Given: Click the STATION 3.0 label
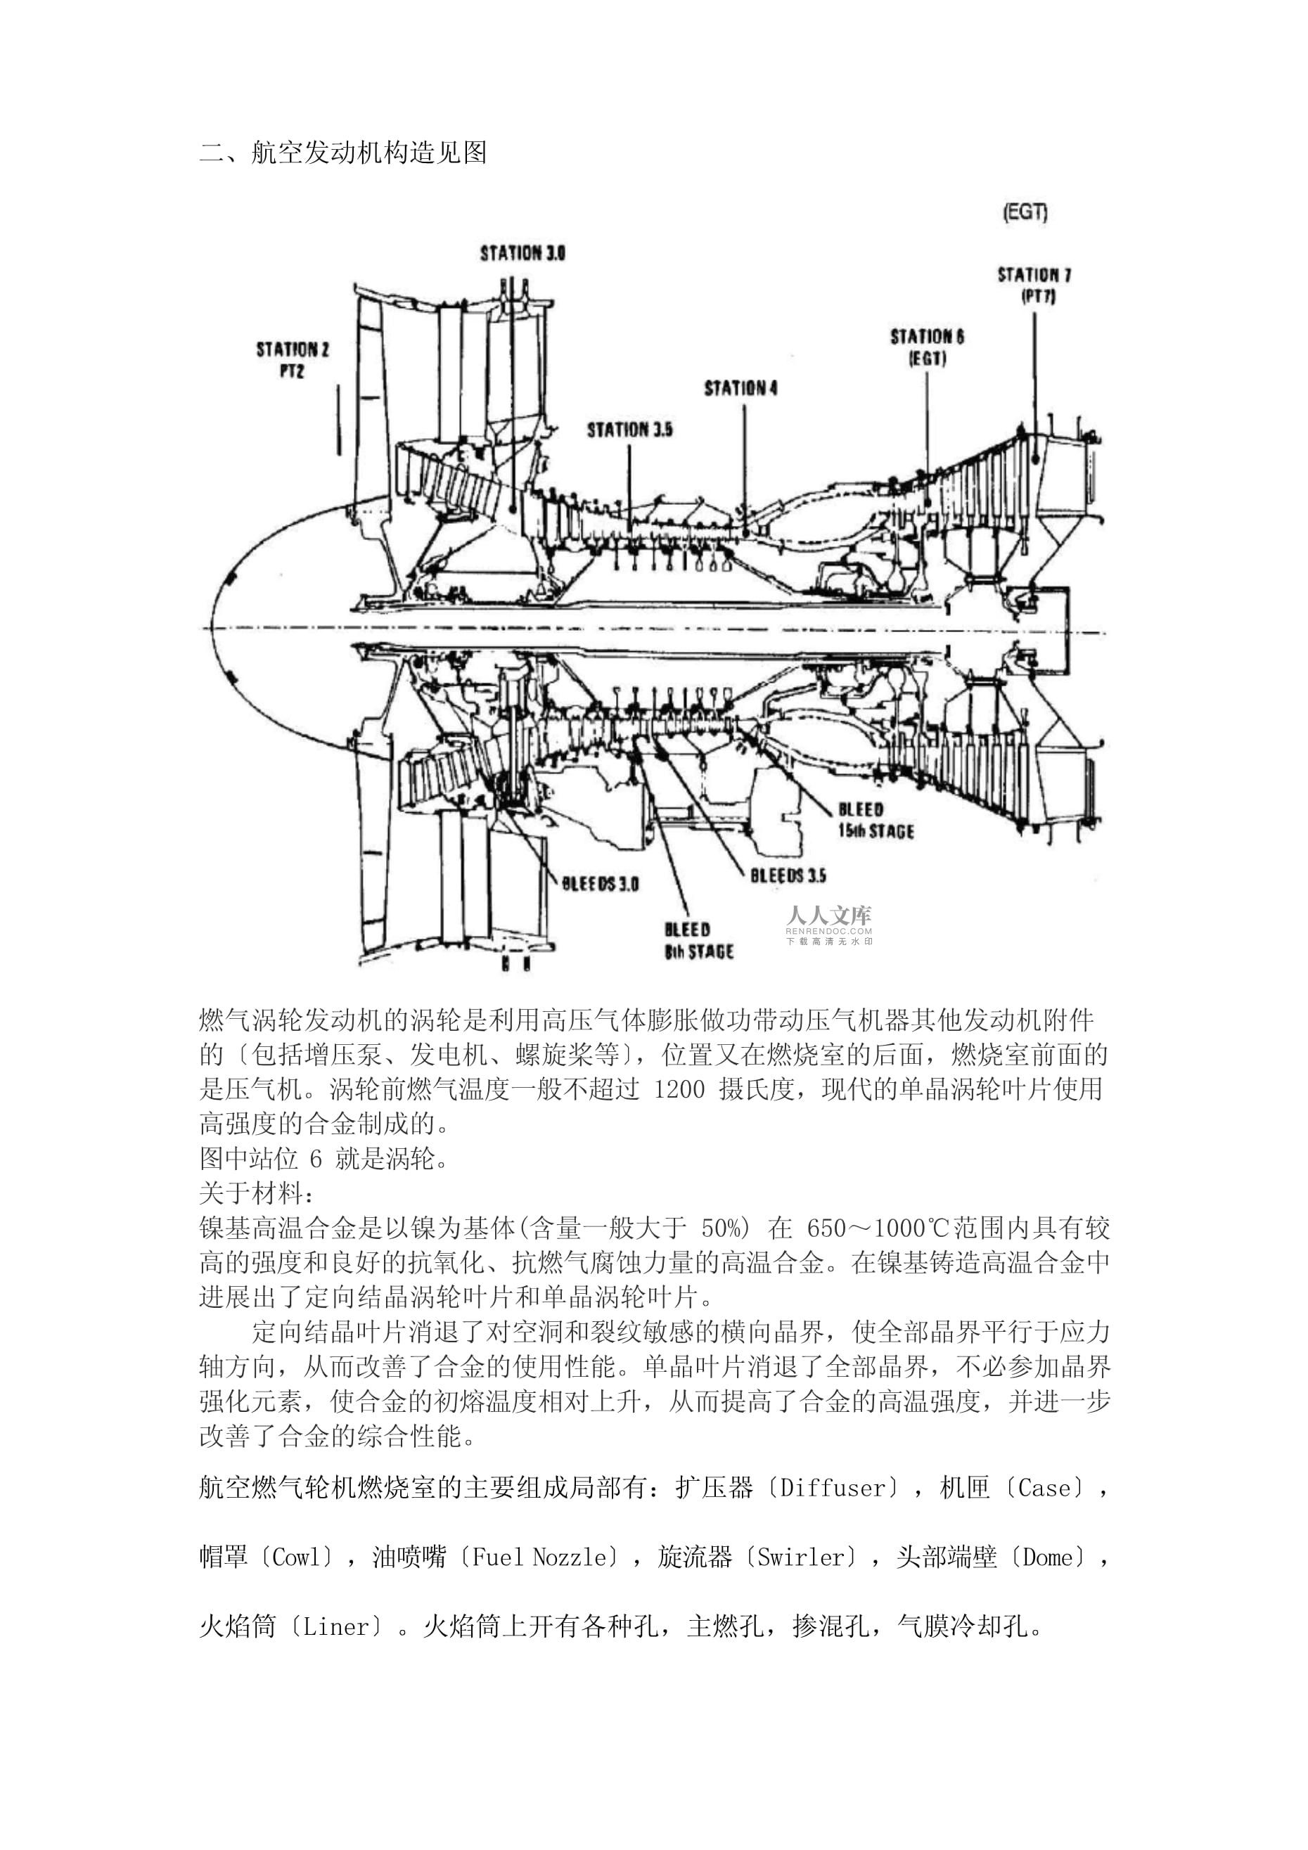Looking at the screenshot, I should point(522,253).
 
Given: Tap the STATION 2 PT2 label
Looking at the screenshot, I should point(293,360).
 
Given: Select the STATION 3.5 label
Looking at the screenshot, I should point(629,430).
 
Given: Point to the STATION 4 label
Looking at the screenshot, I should point(741,388).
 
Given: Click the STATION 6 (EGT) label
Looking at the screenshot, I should point(927,347).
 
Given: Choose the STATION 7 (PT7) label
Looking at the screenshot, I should point(1034,285).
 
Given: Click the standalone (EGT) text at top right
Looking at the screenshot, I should point(1025,213).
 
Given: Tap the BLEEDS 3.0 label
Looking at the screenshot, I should point(601,884).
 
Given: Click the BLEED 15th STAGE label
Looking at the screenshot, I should point(876,821).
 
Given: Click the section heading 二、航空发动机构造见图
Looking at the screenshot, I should point(343,153).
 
